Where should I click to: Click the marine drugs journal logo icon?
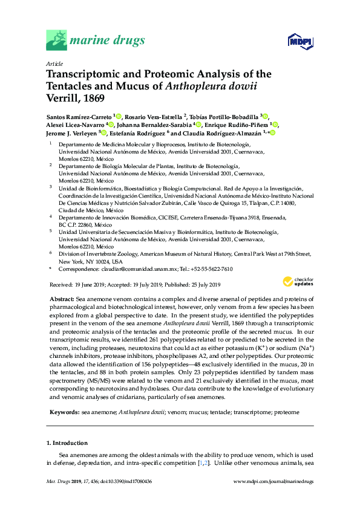58,41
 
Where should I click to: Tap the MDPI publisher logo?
299,42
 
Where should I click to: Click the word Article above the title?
53,63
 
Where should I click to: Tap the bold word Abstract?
61,300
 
